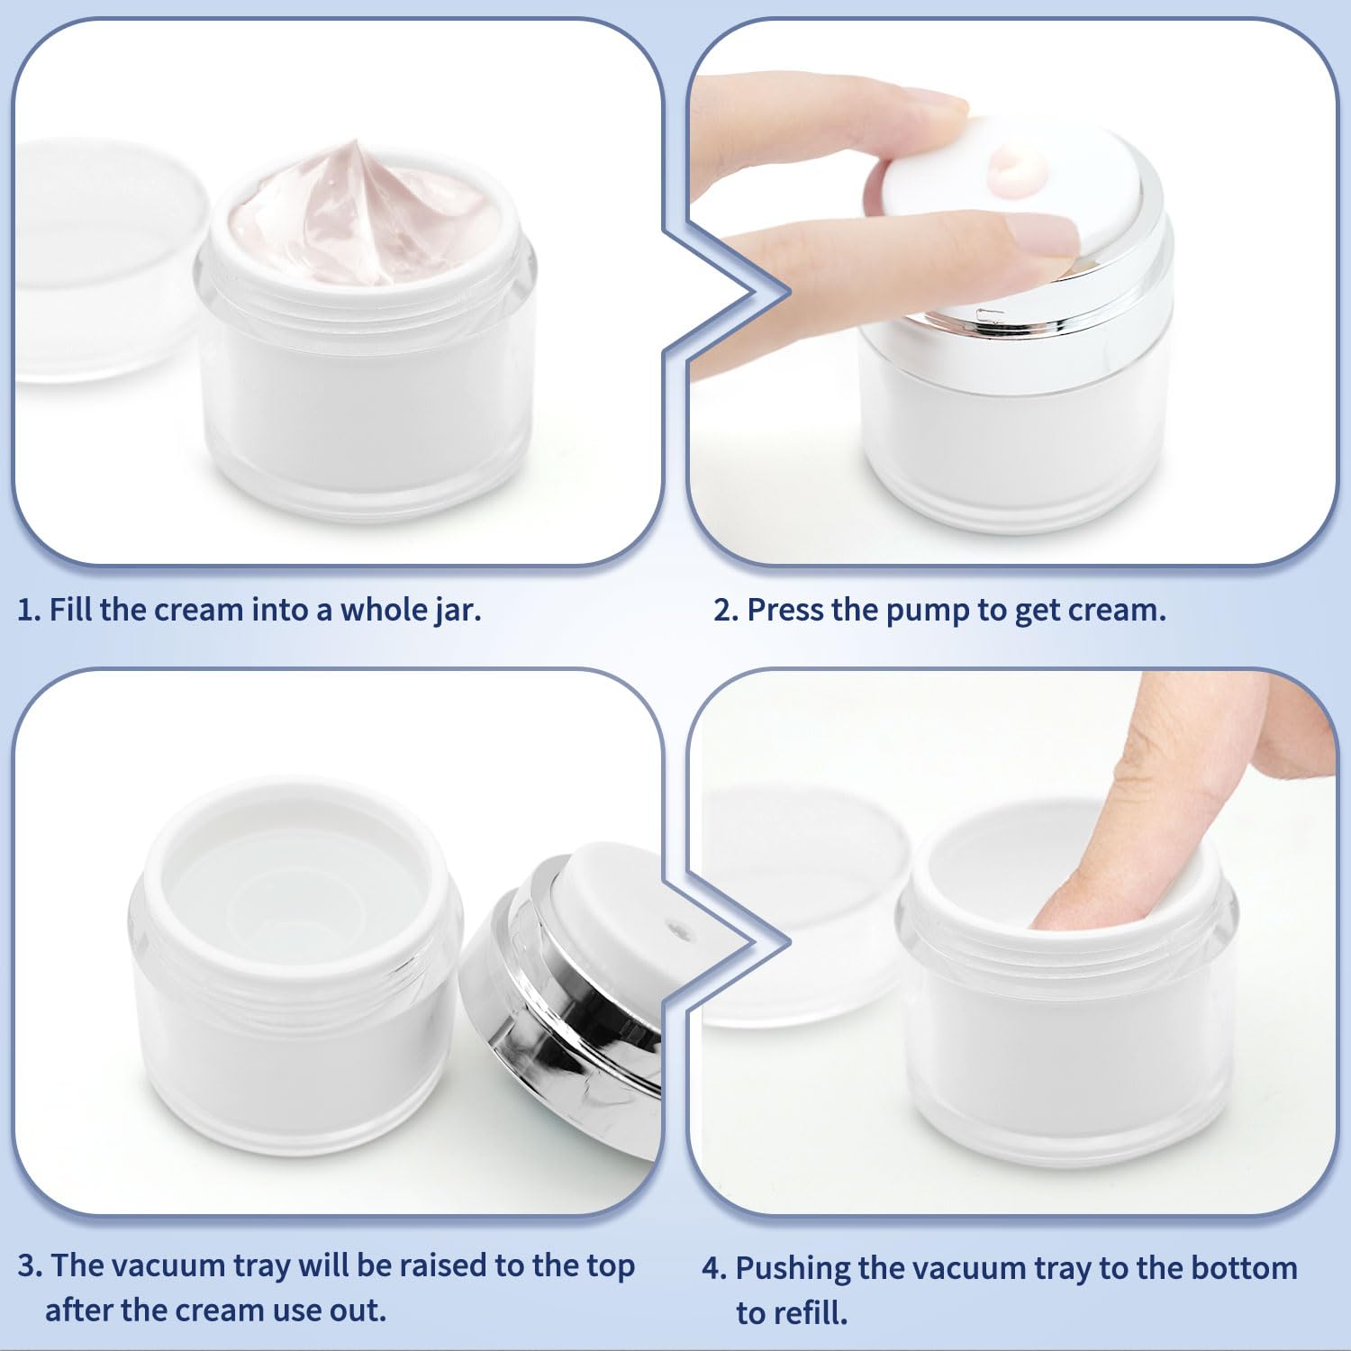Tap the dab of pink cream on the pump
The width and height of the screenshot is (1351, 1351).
tap(1016, 171)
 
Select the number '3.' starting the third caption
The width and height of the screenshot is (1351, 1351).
tap(30, 1265)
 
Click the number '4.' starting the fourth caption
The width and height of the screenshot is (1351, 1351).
tap(714, 1268)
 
